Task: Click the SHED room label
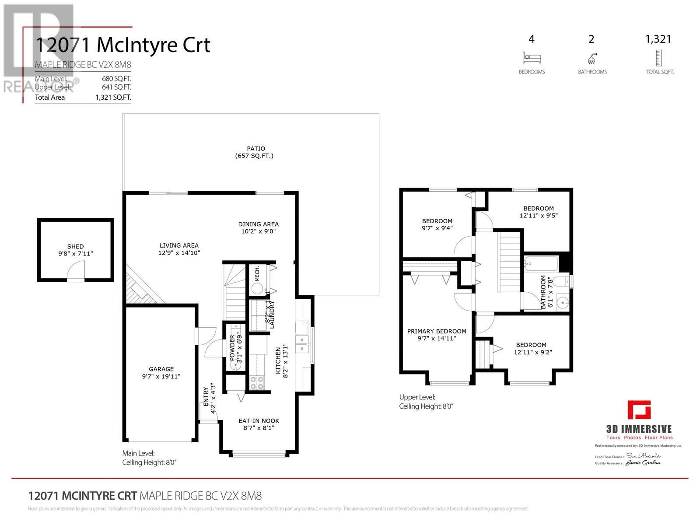(x=75, y=246)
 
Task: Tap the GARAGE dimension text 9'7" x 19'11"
(x=161, y=376)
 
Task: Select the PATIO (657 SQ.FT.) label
(x=255, y=152)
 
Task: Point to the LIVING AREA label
(x=179, y=245)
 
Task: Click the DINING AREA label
(x=258, y=224)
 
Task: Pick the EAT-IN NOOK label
(x=259, y=421)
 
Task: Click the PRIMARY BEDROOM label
(x=437, y=331)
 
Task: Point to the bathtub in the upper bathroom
(x=541, y=264)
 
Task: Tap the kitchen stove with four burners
(x=256, y=383)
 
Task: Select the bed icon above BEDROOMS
(x=532, y=58)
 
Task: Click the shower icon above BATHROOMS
(x=592, y=58)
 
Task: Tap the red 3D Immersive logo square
(x=639, y=410)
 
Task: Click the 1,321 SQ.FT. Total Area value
(x=113, y=98)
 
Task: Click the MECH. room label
(x=257, y=273)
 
